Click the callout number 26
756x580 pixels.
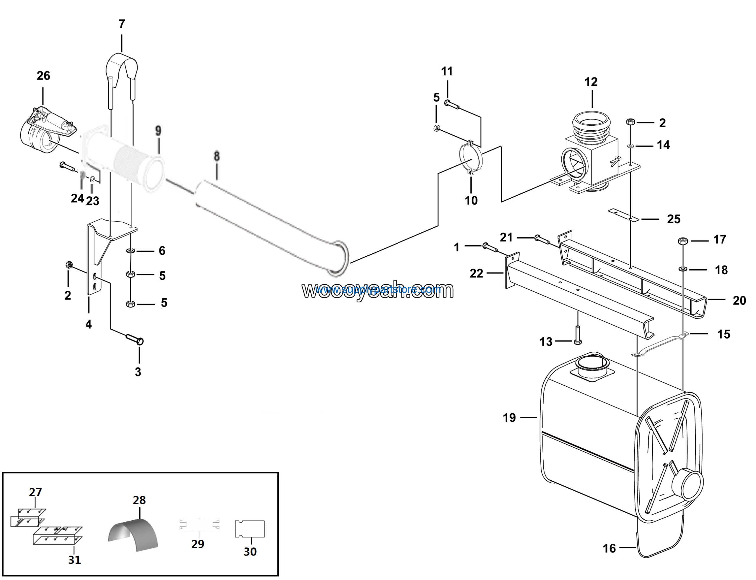[43, 76]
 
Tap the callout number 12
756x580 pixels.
[591, 82]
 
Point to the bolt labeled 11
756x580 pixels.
[452, 104]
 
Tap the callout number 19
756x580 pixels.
[509, 418]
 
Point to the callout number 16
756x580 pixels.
[609, 548]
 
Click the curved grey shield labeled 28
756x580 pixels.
[133, 534]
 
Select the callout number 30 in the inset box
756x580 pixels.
[250, 552]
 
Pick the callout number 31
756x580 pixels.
[74, 560]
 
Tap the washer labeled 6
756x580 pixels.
[131, 250]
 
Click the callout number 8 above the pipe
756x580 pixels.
[216, 156]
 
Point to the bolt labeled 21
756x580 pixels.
[542, 239]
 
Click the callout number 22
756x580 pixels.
[476, 273]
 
